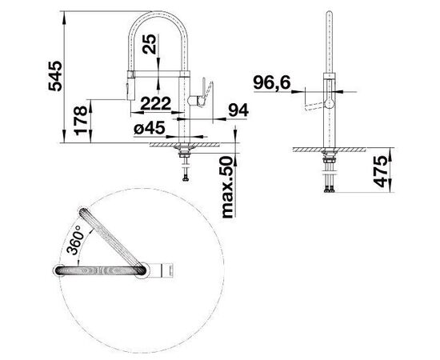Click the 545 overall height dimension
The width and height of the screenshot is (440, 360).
coord(55,76)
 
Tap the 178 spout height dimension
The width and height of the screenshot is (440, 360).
coord(81,120)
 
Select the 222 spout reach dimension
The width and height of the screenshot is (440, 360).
coord(155,103)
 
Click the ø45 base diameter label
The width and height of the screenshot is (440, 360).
coord(150,129)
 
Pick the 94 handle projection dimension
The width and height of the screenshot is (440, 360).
coord(238,110)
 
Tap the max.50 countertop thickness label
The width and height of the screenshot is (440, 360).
coord(227,187)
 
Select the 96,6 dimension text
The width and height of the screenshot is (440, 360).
coord(272,82)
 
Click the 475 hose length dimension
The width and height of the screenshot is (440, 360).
coord(380,172)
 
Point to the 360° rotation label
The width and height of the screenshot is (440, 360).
coord(75,240)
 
